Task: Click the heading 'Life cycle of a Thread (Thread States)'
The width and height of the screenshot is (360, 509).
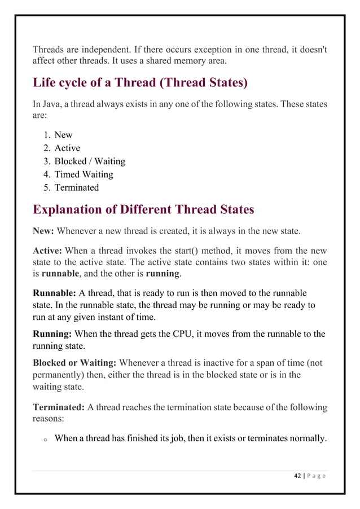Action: (140, 84)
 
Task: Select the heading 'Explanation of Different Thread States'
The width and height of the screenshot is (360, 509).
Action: (143, 210)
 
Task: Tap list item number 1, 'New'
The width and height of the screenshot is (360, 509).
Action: (63, 135)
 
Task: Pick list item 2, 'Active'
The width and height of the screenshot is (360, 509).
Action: (67, 148)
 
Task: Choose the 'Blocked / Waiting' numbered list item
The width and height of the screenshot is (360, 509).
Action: (90, 161)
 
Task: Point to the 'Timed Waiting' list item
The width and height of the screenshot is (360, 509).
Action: (84, 174)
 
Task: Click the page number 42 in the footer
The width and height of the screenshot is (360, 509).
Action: (298, 475)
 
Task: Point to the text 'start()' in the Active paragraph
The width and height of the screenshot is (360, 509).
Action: (183, 251)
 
